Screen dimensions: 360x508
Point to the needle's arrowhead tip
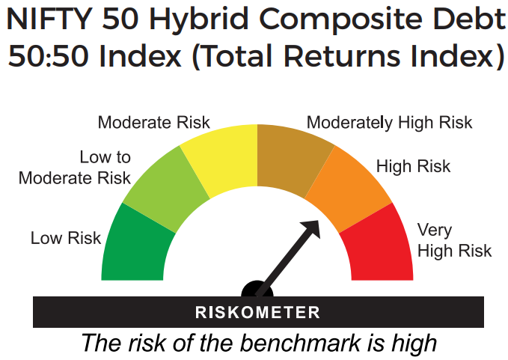click(x=319, y=222)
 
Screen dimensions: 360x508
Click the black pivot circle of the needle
click(x=257, y=290)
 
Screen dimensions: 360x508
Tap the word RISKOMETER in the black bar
click(x=257, y=312)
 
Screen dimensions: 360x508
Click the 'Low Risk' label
click(x=66, y=239)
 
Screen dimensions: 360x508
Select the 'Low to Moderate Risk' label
click(x=75, y=168)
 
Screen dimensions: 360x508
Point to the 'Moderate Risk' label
click(x=154, y=122)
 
